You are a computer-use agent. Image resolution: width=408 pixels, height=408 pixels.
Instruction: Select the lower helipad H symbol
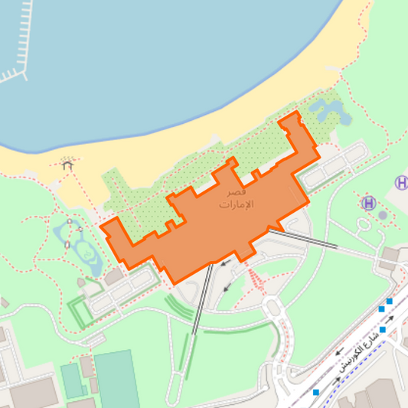coord(369,203)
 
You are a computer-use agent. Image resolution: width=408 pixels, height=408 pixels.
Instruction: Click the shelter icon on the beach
coord(68,163)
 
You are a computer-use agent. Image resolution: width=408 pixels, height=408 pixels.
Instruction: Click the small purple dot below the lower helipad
coord(383,215)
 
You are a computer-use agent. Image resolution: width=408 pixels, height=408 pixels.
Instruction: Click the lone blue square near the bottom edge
coord(315,392)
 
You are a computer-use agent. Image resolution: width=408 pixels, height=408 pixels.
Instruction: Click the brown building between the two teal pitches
coord(87,367)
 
